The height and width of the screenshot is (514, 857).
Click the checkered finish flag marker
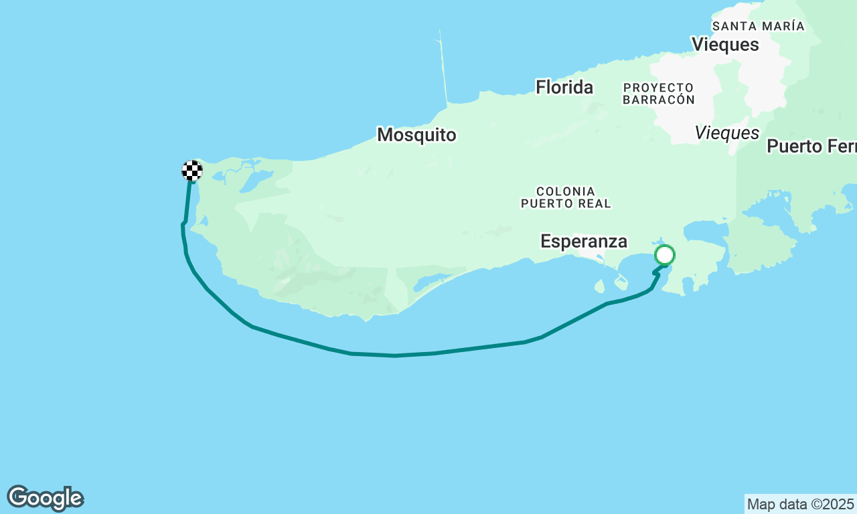[x=192, y=171]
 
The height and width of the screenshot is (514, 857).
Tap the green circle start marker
[x=665, y=255]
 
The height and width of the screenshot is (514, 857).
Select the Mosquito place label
[x=416, y=135]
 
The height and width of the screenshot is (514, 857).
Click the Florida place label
[x=564, y=87]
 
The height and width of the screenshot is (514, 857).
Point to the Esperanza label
[x=584, y=242]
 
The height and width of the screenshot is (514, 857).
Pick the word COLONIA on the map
[x=566, y=191]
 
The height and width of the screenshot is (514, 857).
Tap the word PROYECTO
[x=658, y=88]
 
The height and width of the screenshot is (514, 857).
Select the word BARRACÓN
[x=658, y=100]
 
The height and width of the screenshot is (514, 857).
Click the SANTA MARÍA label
[x=758, y=26]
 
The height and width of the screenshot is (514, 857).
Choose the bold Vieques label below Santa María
[x=725, y=45]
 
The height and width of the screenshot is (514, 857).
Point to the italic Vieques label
[x=727, y=133]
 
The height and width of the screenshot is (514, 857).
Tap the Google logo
[x=45, y=499]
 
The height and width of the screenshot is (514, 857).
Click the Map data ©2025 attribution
[x=800, y=504]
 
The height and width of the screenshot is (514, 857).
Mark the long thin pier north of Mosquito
[x=443, y=67]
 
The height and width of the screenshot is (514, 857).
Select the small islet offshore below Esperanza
[x=599, y=286]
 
